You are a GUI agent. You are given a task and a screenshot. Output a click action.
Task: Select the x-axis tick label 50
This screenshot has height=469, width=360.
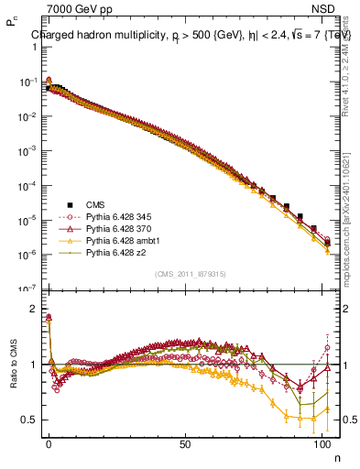pos(185,442)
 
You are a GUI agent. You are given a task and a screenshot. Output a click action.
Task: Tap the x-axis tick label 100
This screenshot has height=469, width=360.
pos(322,442)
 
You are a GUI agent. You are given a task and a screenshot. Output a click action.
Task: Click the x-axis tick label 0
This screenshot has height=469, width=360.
pos(49,442)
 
